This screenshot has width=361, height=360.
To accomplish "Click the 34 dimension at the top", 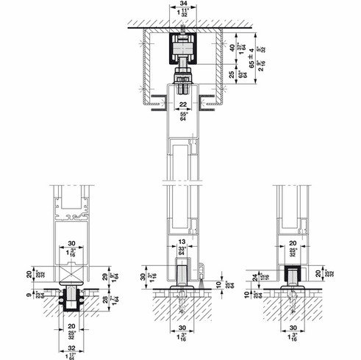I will [x=182, y=4].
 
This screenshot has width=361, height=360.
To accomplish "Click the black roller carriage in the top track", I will [x=182, y=51].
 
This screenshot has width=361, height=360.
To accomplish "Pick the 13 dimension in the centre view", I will [x=182, y=242].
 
